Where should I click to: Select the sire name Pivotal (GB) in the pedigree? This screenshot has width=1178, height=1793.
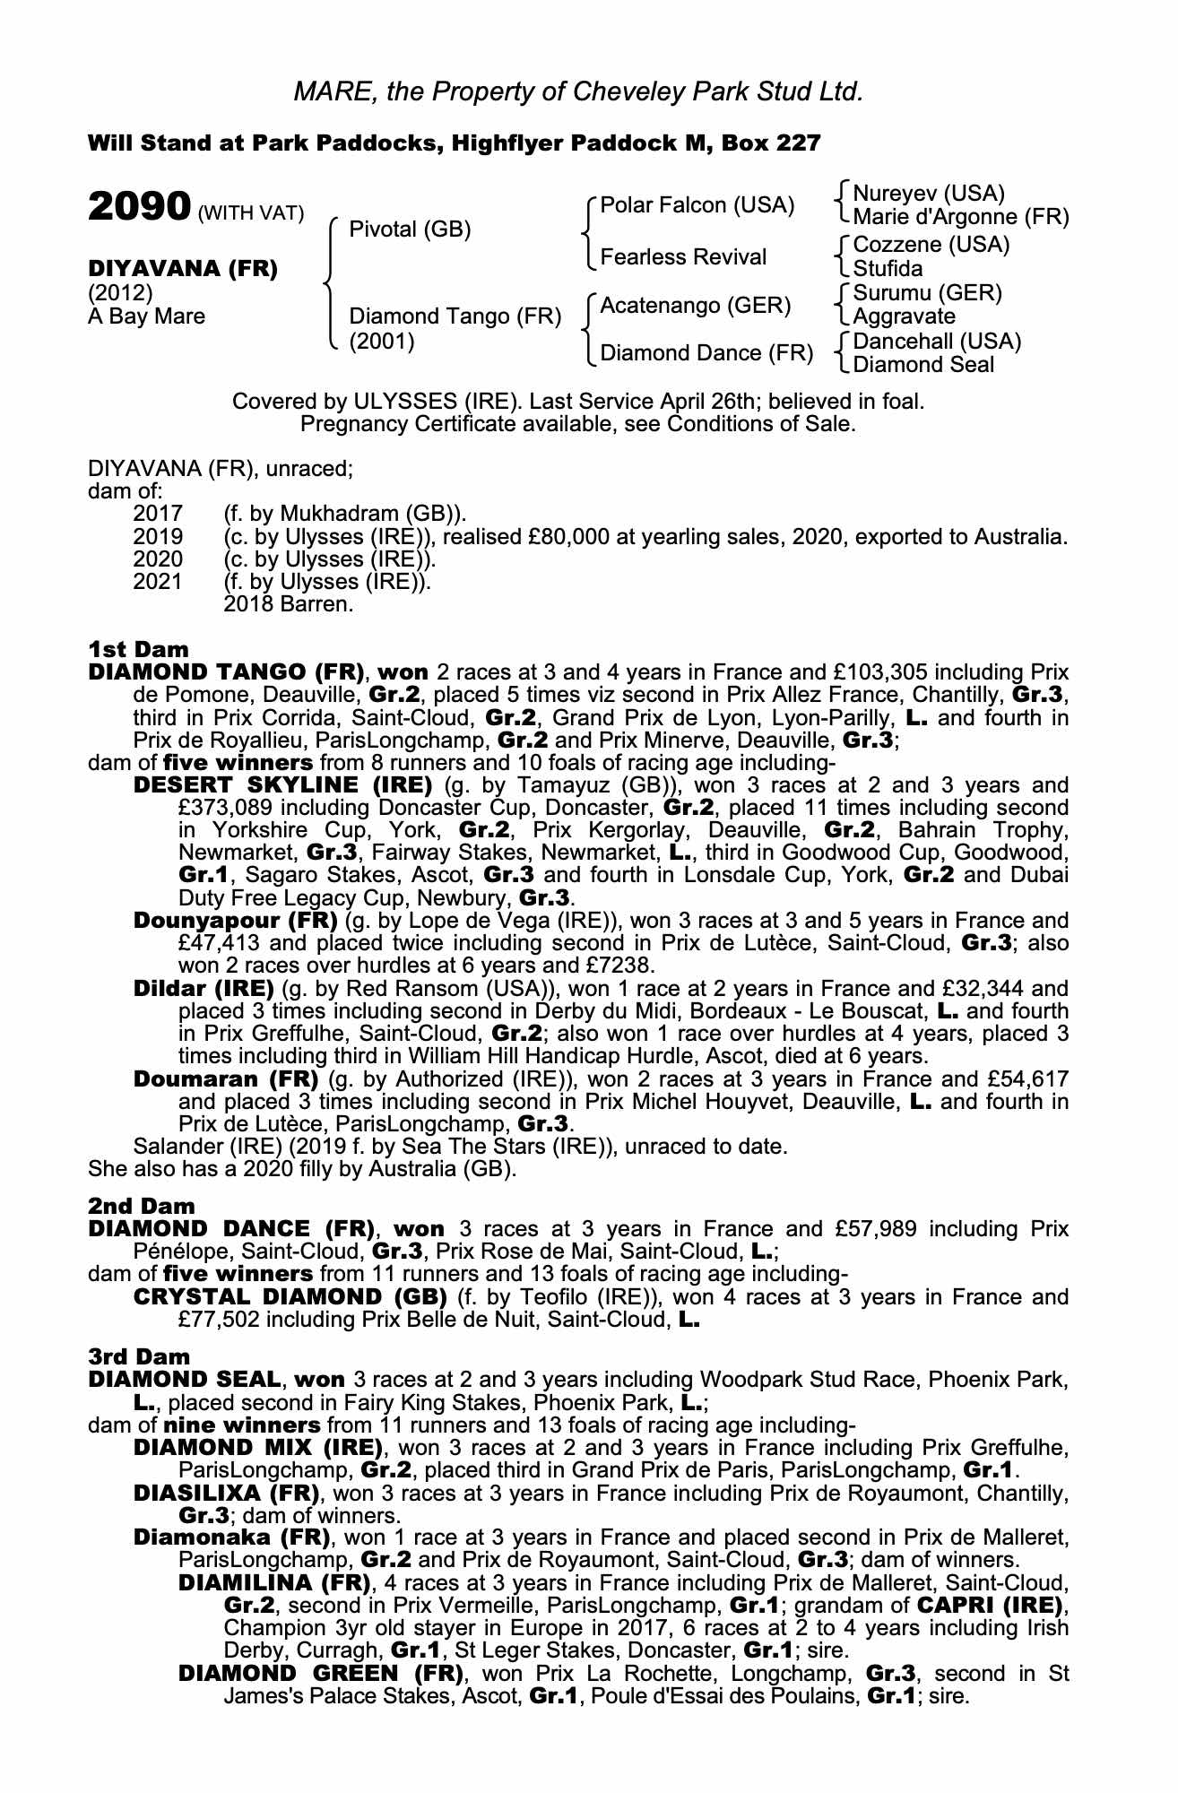click(410, 230)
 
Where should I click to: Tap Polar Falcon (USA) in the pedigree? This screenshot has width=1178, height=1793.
click(697, 205)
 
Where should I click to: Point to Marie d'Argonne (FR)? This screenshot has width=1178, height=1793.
click(960, 217)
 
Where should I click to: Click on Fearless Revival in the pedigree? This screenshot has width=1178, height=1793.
click(683, 257)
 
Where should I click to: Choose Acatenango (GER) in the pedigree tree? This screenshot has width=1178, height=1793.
click(695, 306)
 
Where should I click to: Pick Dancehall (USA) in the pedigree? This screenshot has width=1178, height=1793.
click(937, 342)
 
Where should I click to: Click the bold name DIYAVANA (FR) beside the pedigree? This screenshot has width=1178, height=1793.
click(183, 269)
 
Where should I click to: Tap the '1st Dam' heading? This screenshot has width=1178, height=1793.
click(138, 648)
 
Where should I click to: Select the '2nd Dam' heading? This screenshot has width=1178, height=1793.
click(141, 1206)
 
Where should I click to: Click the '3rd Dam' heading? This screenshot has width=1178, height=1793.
click(139, 1356)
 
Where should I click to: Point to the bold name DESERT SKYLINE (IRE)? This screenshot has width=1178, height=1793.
click(282, 786)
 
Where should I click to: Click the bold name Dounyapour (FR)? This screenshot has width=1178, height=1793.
click(235, 921)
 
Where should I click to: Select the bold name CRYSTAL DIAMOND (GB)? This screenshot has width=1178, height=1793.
click(290, 1297)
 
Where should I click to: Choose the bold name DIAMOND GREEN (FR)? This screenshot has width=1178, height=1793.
click(321, 1673)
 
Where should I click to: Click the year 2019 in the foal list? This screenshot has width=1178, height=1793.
click(158, 537)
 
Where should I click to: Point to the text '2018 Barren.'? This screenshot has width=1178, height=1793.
click(288, 604)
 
